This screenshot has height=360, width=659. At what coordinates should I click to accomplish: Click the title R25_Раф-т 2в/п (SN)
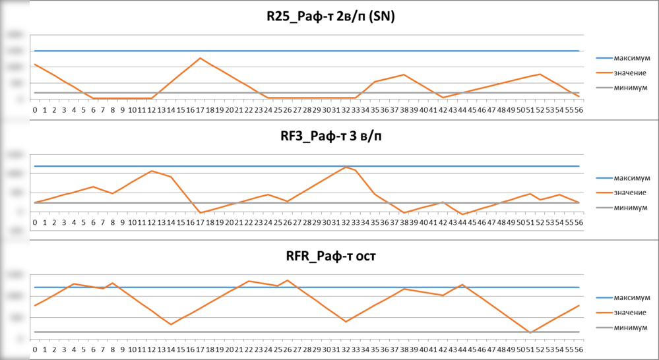pyautogui.click(x=327, y=18)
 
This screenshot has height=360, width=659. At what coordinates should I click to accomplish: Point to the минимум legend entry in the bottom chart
pyautogui.click(x=625, y=327)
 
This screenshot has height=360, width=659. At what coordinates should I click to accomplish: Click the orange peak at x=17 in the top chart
pyautogui.click(x=200, y=58)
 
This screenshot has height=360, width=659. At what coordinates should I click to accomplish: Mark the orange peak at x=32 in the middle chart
pyautogui.click(x=346, y=167)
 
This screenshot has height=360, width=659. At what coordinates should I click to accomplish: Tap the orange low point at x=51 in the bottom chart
pyautogui.click(x=530, y=332)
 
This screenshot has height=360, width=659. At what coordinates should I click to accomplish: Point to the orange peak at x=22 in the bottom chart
pyautogui.click(x=249, y=281)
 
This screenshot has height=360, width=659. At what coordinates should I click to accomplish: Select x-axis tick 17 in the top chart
pyautogui.click(x=200, y=109)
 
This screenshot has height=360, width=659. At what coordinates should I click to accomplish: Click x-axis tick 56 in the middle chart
pyautogui.click(x=578, y=222)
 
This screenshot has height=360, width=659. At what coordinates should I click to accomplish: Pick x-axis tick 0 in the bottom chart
pyautogui.click(x=35, y=349)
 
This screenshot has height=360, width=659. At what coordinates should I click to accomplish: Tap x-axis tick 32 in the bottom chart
pyautogui.click(x=346, y=349)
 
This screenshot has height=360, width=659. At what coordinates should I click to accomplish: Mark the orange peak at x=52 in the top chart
pyautogui.click(x=540, y=74)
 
